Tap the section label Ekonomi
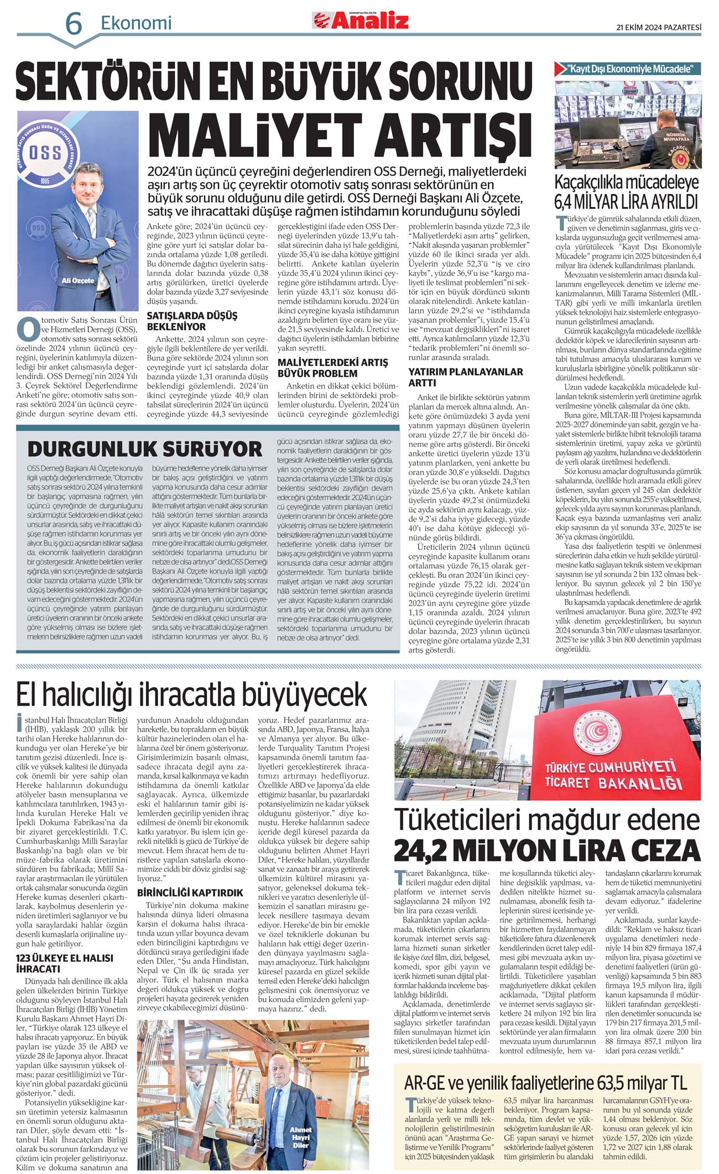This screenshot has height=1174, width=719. [x=136, y=23]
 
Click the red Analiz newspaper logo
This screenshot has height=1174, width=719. [x=362, y=21]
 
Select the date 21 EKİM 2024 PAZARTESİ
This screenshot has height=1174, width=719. [x=659, y=27]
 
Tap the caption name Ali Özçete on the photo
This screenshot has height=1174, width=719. [x=78, y=280]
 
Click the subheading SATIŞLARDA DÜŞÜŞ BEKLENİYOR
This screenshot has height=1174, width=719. [x=192, y=321]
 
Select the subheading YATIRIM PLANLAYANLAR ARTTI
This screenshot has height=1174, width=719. [x=466, y=377]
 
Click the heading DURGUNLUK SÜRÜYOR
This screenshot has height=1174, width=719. [x=145, y=448]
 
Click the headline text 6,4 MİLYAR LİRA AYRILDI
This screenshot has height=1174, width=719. [x=627, y=201]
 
